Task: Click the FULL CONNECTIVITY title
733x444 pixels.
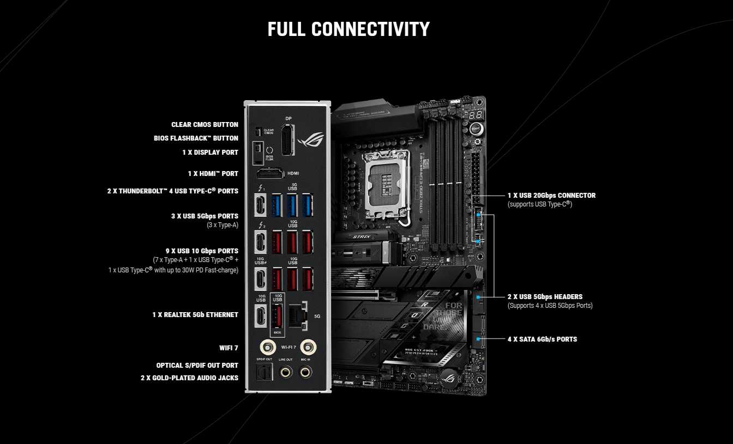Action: [x=349, y=29]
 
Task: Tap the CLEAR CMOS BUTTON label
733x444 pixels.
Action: [x=205, y=125]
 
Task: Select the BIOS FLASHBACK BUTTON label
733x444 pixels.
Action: [x=196, y=138]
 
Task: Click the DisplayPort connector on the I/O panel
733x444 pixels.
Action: [x=286, y=139]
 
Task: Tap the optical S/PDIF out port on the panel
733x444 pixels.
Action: [x=264, y=372]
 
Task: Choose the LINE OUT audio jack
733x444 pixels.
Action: [x=285, y=372]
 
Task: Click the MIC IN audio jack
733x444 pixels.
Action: [x=305, y=372]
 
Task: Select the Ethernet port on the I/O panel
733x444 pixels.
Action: [x=297, y=315]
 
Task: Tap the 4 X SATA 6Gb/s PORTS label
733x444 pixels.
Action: [x=542, y=339]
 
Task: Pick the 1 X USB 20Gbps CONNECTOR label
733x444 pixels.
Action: [x=551, y=196]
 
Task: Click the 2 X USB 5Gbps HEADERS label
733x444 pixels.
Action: [x=545, y=297]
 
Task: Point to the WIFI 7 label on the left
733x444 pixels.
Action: [x=229, y=348]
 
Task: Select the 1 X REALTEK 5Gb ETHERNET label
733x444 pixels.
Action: [x=195, y=315]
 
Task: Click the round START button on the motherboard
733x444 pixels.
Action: [x=475, y=129]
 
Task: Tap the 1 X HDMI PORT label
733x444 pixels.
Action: [x=213, y=174]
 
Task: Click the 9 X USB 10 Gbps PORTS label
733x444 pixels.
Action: [x=202, y=251]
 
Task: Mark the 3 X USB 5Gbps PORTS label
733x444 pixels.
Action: [x=205, y=216]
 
